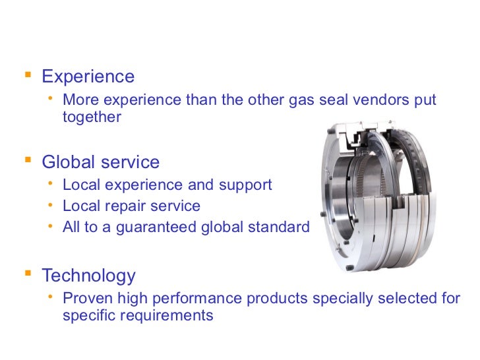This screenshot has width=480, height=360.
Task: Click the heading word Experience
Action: tap(88, 76)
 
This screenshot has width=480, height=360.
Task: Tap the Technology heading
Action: tap(88, 276)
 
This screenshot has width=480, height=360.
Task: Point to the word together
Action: tap(92, 117)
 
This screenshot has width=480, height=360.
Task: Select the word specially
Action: tap(342, 298)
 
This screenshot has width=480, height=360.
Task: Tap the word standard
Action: tap(282, 227)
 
